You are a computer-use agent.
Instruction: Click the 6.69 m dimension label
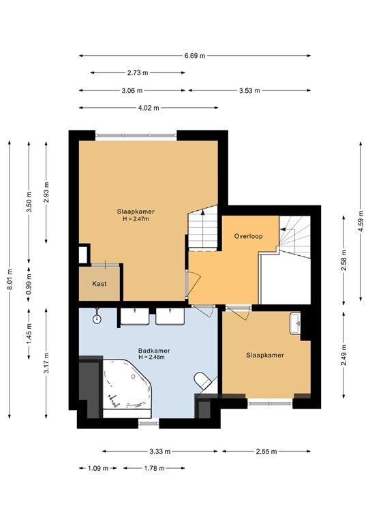(195, 56)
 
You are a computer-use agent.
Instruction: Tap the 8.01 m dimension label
(10, 279)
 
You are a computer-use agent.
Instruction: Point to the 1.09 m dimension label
(98, 468)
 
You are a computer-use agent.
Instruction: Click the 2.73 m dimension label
(138, 72)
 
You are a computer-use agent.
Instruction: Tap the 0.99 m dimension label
(29, 284)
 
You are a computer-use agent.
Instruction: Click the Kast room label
(99, 284)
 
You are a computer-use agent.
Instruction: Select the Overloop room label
(248, 236)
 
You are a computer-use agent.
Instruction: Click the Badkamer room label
(154, 351)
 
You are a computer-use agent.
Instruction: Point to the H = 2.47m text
(136, 219)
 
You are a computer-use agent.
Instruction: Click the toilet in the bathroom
(202, 381)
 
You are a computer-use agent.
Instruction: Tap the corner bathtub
(127, 384)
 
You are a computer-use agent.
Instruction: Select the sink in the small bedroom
(295, 323)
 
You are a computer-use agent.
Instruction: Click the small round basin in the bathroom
(97, 319)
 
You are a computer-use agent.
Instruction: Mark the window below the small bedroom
(271, 403)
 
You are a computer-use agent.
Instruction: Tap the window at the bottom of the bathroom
(149, 424)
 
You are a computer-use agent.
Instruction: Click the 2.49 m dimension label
(344, 355)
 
